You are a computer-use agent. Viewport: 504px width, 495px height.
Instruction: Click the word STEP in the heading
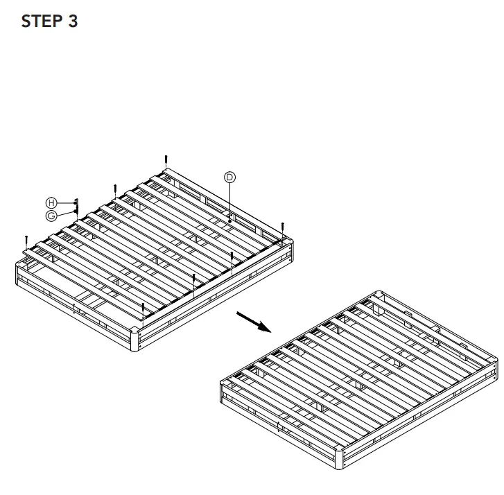[x=43, y=21]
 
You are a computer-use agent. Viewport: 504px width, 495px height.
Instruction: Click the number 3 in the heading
[x=73, y=21]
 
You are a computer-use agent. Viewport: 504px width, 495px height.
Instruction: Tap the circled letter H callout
[x=51, y=202]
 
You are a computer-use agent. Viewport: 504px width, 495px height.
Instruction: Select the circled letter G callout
[x=51, y=216]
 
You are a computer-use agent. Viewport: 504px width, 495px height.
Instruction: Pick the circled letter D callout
[x=229, y=177]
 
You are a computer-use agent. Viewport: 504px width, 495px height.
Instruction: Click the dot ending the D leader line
[x=229, y=222]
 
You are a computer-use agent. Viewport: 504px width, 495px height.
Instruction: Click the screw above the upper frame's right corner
[x=284, y=227]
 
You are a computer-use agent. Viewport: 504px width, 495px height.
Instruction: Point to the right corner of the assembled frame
[x=494, y=365]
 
